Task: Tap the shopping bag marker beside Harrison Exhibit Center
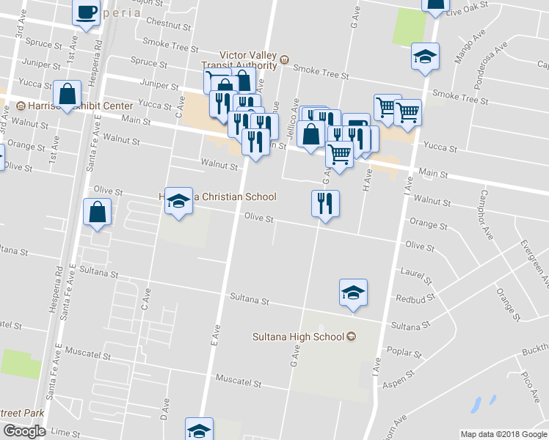(x=68, y=95)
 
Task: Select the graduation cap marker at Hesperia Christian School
(x=178, y=200)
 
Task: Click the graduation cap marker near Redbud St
(x=354, y=293)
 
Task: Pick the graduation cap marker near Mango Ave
(x=424, y=56)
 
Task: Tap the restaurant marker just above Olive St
(x=324, y=203)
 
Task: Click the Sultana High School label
(x=299, y=337)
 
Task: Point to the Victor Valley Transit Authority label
(x=249, y=59)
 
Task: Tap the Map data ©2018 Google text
(x=503, y=434)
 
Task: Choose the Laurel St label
(x=415, y=274)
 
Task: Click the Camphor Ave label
(x=486, y=216)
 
